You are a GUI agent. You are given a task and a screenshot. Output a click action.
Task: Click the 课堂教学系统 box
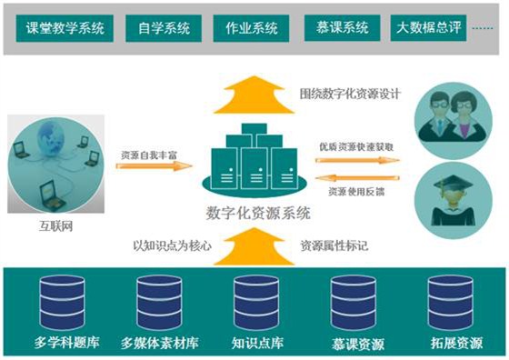point(65,28)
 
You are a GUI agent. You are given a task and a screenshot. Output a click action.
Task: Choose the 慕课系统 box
point(338,28)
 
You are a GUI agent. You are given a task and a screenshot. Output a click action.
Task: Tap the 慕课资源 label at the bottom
point(353,345)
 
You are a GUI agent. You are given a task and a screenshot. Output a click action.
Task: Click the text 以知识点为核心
point(171,245)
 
